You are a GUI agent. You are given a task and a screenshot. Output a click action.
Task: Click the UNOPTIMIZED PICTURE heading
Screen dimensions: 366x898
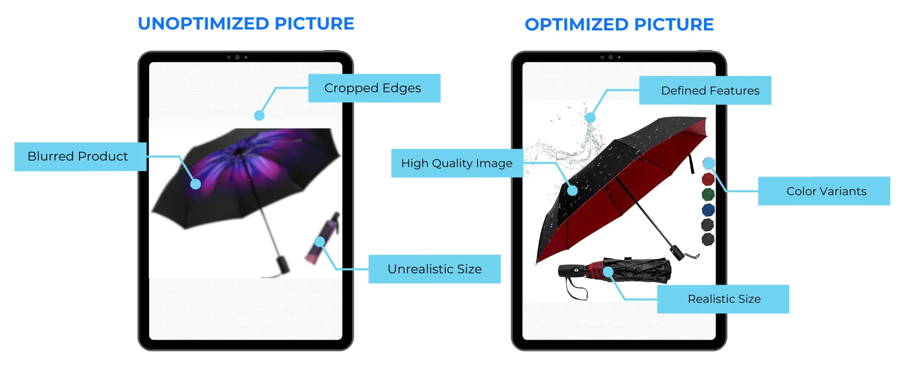coord(246,24)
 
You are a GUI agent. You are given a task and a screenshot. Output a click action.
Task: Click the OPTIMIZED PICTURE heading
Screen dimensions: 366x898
coord(619,25)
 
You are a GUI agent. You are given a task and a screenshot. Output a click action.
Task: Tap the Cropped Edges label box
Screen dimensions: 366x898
coord(374,88)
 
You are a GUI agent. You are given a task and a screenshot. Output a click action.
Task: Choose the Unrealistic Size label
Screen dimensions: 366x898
coord(435,269)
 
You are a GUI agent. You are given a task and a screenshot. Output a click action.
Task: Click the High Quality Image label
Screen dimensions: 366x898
coord(457,163)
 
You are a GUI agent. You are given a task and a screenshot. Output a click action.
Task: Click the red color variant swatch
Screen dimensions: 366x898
coord(708,179)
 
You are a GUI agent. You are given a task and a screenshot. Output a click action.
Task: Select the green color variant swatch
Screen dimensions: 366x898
coord(708,194)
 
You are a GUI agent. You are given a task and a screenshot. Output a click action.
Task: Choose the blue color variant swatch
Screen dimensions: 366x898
coord(708,210)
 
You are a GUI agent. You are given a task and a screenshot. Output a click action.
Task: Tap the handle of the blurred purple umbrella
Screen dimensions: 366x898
coord(282,264)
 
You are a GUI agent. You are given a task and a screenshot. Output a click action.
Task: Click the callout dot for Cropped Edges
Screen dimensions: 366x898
coord(259,115)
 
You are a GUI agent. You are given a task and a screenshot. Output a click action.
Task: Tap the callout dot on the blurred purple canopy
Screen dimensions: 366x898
coord(196,184)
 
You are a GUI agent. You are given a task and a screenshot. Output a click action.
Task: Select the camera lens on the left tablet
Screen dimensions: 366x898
coord(237,57)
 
